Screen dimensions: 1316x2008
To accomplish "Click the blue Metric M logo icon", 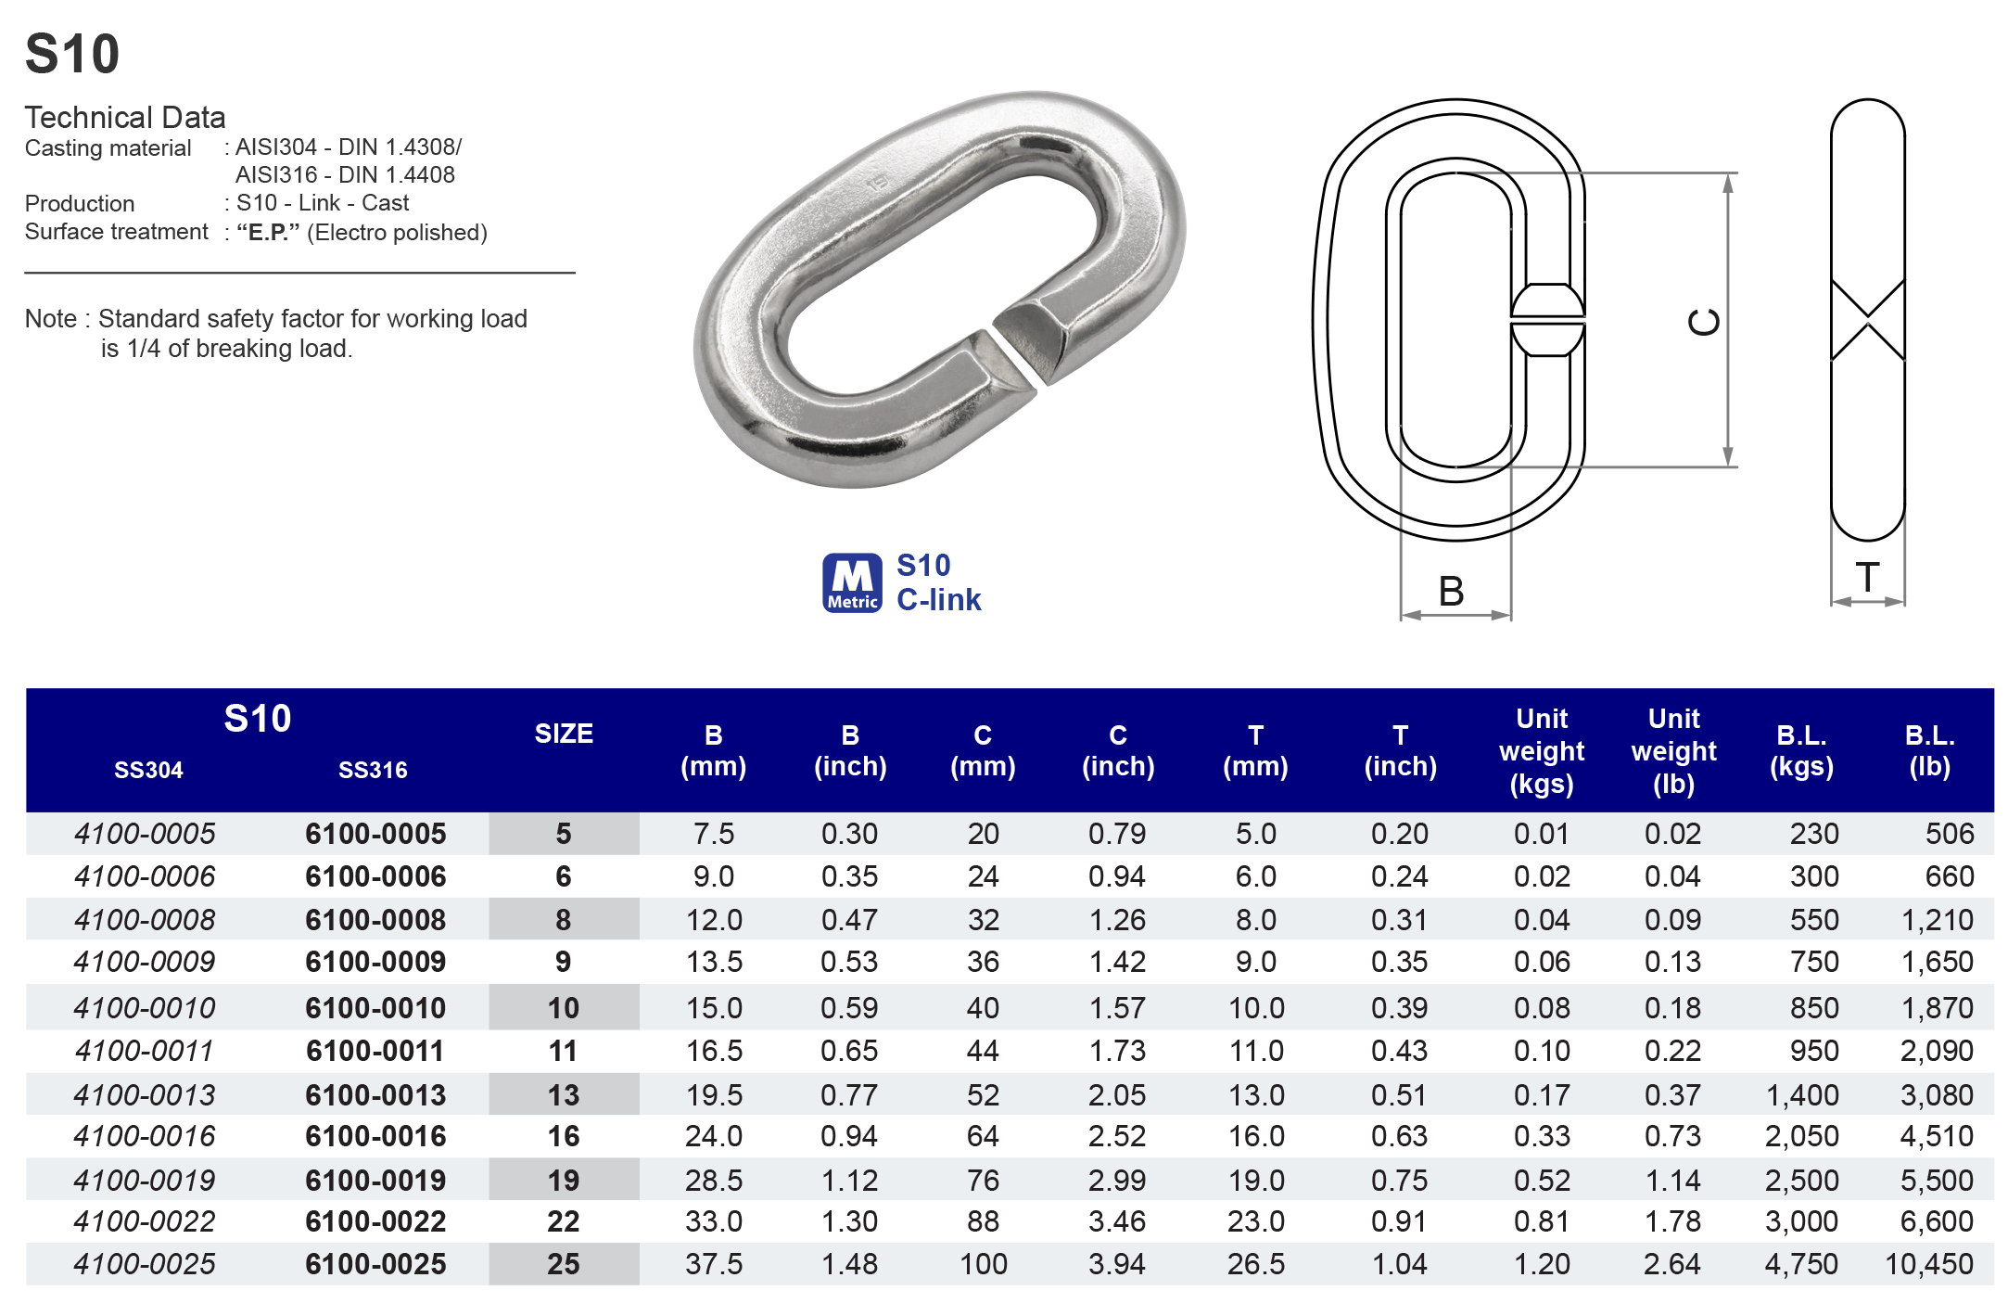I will click(x=851, y=583).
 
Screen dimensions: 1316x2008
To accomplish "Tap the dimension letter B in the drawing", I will click(x=1452, y=592).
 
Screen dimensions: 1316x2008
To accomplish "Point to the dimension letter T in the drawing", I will click(x=1868, y=578).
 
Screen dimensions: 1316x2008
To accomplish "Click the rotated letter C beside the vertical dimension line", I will click(x=1704, y=322).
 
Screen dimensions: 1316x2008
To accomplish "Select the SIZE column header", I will click(x=564, y=734).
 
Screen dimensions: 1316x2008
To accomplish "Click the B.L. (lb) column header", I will click(x=1929, y=750).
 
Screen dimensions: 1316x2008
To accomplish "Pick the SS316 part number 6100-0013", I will click(x=375, y=1095).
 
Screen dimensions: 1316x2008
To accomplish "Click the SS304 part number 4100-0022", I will click(x=145, y=1221).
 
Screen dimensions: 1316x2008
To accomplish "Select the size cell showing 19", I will click(x=563, y=1181).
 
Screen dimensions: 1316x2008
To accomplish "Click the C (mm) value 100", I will click(x=983, y=1264).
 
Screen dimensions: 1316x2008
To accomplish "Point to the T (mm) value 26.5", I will click(x=1255, y=1264).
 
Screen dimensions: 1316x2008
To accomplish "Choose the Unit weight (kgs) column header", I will click(x=1542, y=750).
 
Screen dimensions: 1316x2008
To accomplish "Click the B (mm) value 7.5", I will click(x=713, y=834).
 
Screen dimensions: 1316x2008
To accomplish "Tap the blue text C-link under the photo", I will click(x=938, y=600).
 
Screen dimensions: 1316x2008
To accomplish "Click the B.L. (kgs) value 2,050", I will click(x=1800, y=1136).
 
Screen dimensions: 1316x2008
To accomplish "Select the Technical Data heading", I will click(x=125, y=117).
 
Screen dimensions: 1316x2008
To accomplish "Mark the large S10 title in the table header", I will click(x=258, y=718).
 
